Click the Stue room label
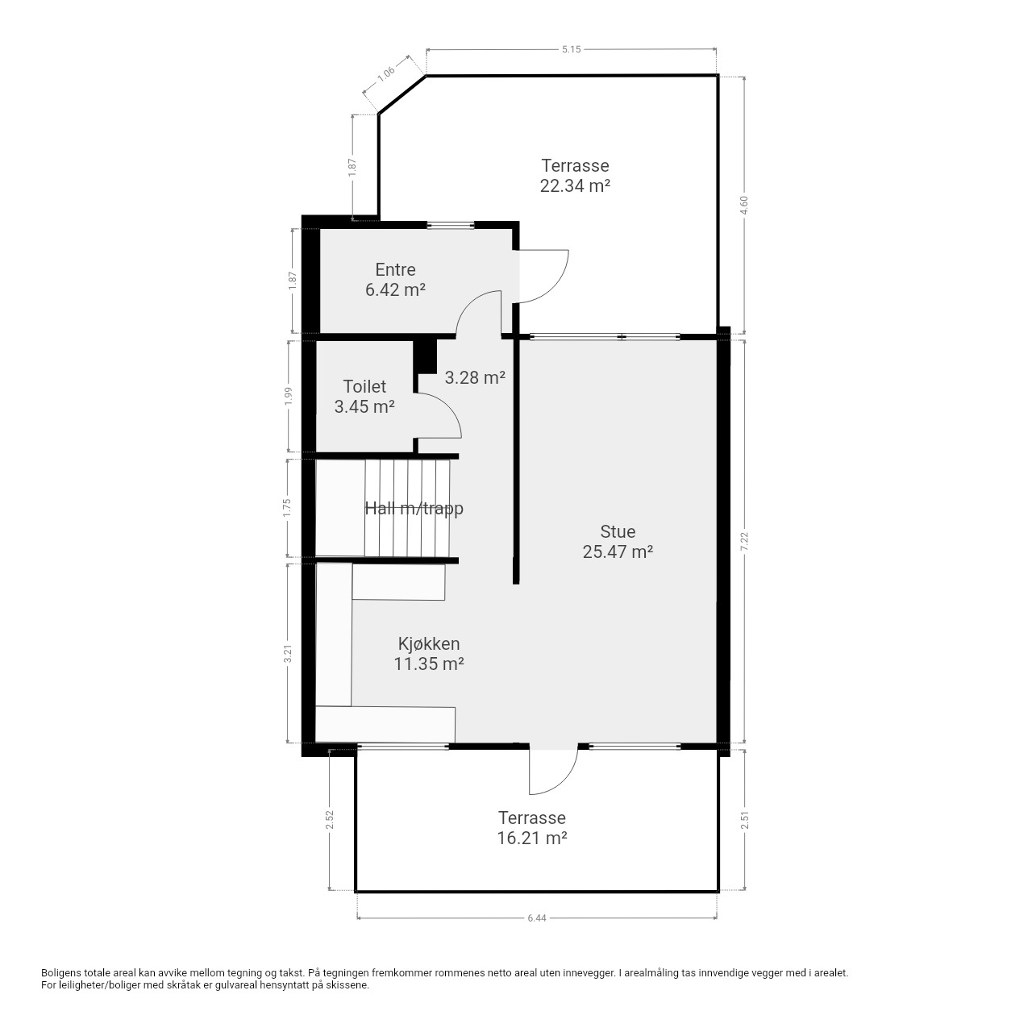pyautogui.click(x=618, y=531)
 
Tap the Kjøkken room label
pyautogui.click(x=428, y=643)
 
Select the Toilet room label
pyautogui.click(x=364, y=386)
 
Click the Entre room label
pyautogui.click(x=395, y=269)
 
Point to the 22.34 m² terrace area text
pyautogui.click(x=575, y=185)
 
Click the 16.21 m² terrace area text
pyautogui.click(x=532, y=838)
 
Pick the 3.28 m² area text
pyautogui.click(x=475, y=377)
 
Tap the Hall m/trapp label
pyautogui.click(x=414, y=508)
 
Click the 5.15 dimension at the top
pyautogui.click(x=572, y=49)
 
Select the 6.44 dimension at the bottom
pyautogui.click(x=537, y=918)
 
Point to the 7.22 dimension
pyautogui.click(x=744, y=542)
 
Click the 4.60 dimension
pyautogui.click(x=744, y=205)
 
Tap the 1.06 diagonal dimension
pyautogui.click(x=386, y=74)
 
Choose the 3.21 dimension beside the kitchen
pyautogui.click(x=288, y=653)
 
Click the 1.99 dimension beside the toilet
pyautogui.click(x=289, y=397)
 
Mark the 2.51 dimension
pyautogui.click(x=744, y=820)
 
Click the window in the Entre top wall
pyautogui.click(x=451, y=226)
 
